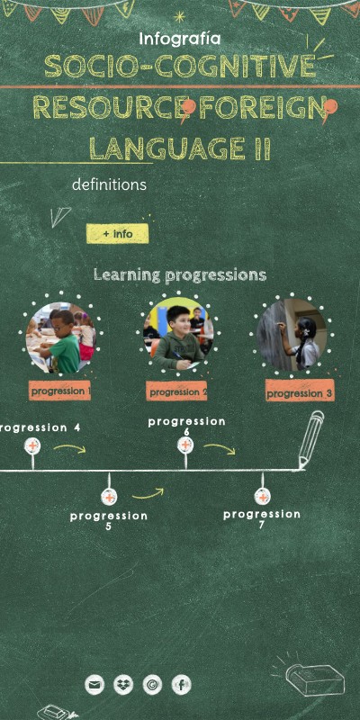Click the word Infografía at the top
(179, 39)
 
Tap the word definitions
(109, 184)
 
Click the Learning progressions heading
(180, 274)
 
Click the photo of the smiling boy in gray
(179, 334)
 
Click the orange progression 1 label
(60, 391)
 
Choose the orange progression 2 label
(177, 391)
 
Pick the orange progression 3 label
(300, 393)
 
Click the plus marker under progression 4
(32, 446)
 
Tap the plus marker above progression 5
(109, 497)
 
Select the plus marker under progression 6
(185, 445)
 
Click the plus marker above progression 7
(262, 497)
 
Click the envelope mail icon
(94, 685)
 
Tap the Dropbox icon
(123, 685)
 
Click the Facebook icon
(181, 685)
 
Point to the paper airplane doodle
(59, 216)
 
